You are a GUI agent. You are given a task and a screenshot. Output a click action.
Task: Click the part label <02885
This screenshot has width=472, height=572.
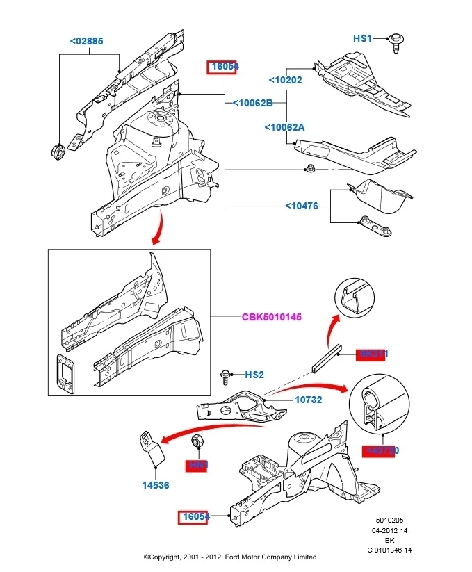86,41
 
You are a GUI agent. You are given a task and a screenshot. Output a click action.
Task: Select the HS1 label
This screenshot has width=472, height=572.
363,39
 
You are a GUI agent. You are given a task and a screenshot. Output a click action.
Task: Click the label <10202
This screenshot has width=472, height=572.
285,80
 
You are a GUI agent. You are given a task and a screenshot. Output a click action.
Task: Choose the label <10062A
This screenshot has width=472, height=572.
284,127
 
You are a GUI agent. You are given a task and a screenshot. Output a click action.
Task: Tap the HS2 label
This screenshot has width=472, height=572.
254,375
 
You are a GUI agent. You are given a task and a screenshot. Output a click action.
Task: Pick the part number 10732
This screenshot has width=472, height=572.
309,400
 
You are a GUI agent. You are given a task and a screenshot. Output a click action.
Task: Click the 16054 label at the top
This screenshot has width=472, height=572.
225,67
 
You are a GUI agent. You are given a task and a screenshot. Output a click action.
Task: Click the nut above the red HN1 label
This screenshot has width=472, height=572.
197,441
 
